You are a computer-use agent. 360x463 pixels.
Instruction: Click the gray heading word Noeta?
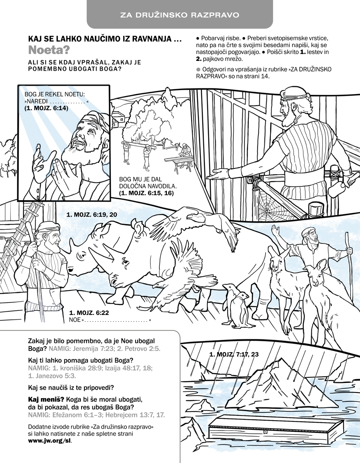tap(49, 50)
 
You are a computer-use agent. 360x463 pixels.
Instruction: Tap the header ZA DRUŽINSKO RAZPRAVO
tap(180, 15)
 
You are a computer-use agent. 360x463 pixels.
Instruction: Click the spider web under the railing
tap(267, 204)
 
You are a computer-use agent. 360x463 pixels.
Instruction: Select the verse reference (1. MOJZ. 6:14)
tap(46, 108)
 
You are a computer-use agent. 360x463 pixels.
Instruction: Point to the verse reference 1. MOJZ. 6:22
tap(89, 313)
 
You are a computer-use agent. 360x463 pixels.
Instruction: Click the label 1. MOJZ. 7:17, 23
tap(234, 354)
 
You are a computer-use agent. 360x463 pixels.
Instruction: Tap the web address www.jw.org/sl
tap(50, 441)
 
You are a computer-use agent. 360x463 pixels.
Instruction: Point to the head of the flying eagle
tap(192, 217)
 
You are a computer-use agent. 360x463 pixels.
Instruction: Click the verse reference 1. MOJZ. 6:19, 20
tap(92, 214)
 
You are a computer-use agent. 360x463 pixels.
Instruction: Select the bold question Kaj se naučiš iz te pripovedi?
tap(71, 387)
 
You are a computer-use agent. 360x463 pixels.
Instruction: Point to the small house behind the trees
tap(118, 118)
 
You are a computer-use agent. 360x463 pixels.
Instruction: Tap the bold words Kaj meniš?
tap(46, 399)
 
